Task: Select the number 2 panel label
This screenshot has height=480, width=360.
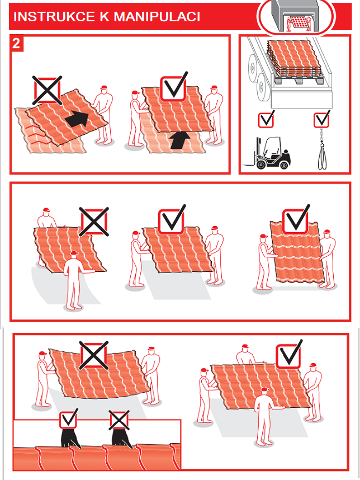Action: click(x=17, y=43)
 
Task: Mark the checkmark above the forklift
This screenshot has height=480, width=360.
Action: click(x=267, y=119)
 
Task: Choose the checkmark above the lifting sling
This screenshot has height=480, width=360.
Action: click(x=322, y=119)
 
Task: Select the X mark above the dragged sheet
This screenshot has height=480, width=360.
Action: click(x=47, y=90)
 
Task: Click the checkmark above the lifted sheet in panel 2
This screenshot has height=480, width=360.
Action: click(x=174, y=87)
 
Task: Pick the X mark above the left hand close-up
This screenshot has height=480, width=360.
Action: click(x=119, y=420)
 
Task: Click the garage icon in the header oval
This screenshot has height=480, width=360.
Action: click(x=295, y=15)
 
